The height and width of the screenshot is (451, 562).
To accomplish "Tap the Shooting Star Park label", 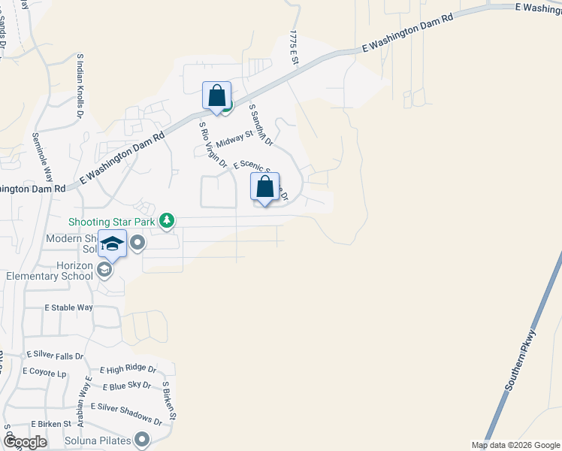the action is pyautogui.click(x=112, y=222).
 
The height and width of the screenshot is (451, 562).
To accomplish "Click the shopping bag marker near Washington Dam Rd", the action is pyautogui.click(x=216, y=97).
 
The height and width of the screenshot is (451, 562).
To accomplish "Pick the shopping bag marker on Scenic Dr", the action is pyautogui.click(x=264, y=188).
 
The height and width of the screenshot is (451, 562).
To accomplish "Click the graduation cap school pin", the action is pyautogui.click(x=112, y=244).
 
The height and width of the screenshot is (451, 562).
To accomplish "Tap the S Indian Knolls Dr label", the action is pyautogui.click(x=79, y=85).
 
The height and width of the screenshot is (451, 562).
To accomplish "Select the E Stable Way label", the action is pyautogui.click(x=68, y=308).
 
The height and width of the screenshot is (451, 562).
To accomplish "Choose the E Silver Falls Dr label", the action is pyautogui.click(x=55, y=355).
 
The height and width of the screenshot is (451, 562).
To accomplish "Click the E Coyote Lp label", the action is pyautogui.click(x=45, y=371).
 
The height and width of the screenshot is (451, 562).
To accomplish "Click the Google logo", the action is pyautogui.click(x=25, y=441).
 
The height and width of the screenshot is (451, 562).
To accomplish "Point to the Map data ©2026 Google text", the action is pyautogui.click(x=515, y=445).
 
